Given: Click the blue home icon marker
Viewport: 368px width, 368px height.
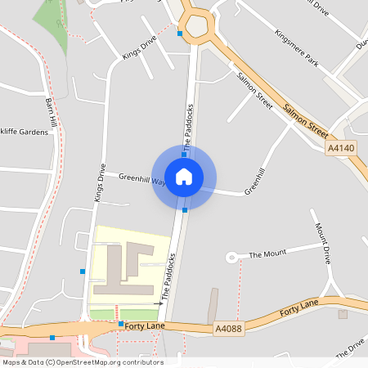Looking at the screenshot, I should [184, 175].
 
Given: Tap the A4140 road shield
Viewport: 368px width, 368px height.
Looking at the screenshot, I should [341, 148].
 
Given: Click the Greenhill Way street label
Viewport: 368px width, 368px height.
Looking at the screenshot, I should [141, 177].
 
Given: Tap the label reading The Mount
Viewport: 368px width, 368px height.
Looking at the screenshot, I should [267, 254].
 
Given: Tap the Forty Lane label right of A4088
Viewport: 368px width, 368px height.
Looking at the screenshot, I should [299, 308].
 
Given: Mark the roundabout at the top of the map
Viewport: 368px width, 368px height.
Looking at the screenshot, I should [198, 26].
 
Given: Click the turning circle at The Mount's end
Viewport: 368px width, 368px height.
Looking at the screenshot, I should [231, 257].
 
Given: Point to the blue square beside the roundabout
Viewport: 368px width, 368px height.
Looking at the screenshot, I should [180, 34].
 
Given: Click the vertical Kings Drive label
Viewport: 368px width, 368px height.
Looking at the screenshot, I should [100, 183].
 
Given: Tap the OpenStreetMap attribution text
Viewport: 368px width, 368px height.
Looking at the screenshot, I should [83, 362].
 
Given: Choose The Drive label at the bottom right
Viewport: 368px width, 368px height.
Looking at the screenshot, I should [349, 347].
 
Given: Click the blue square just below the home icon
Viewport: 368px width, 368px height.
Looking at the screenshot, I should [185, 210].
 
